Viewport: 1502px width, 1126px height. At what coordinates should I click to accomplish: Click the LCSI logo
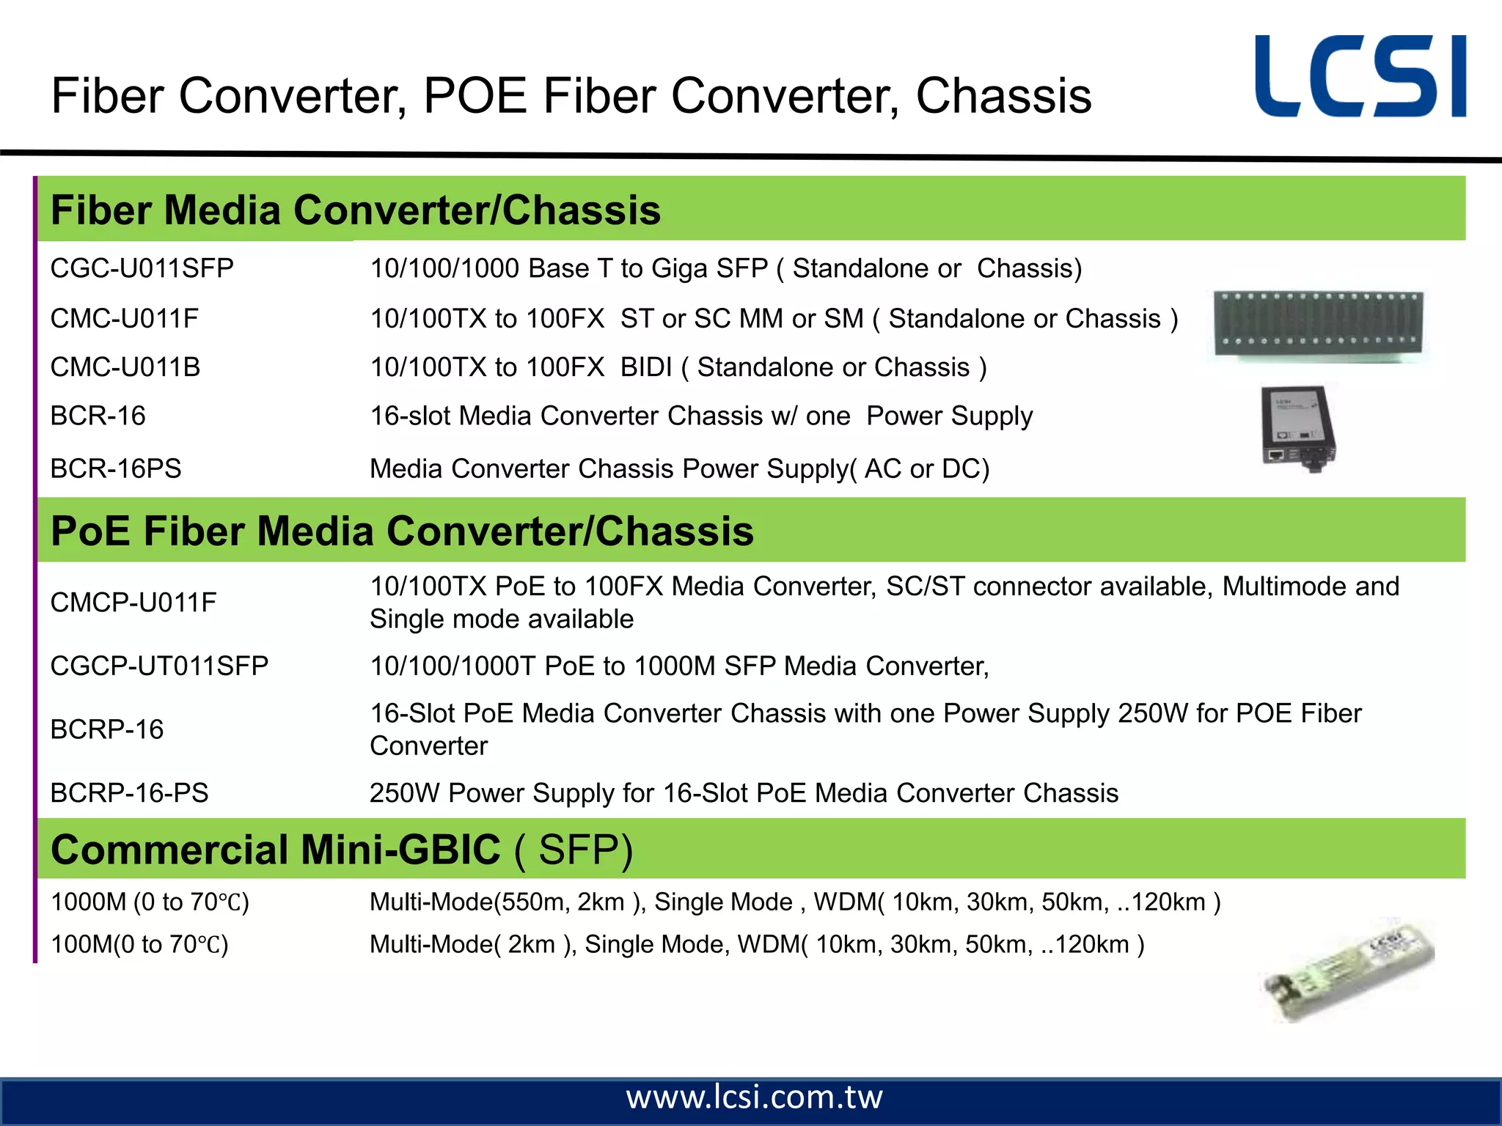(x=1360, y=76)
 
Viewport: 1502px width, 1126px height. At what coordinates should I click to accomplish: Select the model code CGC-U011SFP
(x=142, y=268)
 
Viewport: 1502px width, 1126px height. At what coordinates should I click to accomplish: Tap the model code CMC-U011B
(x=125, y=367)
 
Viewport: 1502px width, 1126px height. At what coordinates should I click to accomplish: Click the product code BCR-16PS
(x=115, y=468)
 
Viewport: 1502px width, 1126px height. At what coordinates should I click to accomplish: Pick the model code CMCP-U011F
(x=133, y=603)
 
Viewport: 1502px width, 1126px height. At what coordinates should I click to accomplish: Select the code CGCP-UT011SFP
(x=159, y=666)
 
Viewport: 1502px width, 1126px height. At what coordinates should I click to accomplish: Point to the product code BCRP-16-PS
(x=129, y=792)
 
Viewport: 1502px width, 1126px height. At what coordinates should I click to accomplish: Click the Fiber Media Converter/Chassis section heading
(x=356, y=210)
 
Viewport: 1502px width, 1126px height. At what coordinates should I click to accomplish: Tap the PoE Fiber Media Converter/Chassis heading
(x=402, y=531)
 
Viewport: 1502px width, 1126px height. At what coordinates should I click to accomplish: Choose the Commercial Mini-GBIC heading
(x=342, y=850)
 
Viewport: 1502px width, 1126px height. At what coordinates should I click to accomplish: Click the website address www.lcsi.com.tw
(x=754, y=1097)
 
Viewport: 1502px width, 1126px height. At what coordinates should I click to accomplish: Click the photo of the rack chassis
(x=1318, y=325)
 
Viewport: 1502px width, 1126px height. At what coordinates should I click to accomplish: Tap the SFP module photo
(x=1348, y=969)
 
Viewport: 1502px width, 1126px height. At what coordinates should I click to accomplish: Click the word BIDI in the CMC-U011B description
(x=645, y=367)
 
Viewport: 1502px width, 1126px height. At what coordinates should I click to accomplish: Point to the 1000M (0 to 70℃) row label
(x=150, y=902)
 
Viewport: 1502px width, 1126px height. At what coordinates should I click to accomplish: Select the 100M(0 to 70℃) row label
(x=139, y=944)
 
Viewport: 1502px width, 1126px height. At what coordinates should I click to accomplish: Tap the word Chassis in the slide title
(x=1003, y=96)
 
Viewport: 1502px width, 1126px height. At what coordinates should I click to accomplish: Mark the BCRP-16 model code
(x=106, y=729)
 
